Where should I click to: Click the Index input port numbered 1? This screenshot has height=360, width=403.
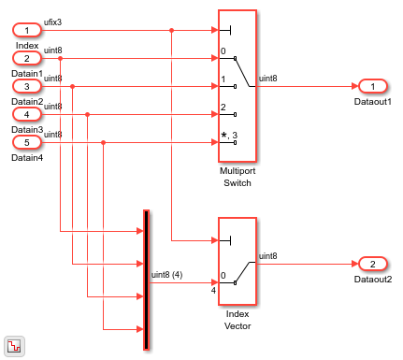(27, 30)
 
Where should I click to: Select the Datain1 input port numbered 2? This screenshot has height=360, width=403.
(27, 58)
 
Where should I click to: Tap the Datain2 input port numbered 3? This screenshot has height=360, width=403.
(27, 86)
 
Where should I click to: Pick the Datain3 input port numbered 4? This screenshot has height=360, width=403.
(27, 114)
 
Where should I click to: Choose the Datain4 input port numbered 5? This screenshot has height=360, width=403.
(27, 142)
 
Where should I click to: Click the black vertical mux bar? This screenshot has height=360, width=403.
(146, 280)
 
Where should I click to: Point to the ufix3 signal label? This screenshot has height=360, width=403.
(54, 22)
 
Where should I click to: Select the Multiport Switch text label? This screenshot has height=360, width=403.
(237, 178)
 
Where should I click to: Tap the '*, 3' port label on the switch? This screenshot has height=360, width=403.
(227, 136)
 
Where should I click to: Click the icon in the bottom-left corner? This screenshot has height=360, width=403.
(14, 344)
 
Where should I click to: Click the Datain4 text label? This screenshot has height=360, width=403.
(27, 157)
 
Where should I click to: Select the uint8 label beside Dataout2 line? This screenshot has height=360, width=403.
(267, 255)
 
